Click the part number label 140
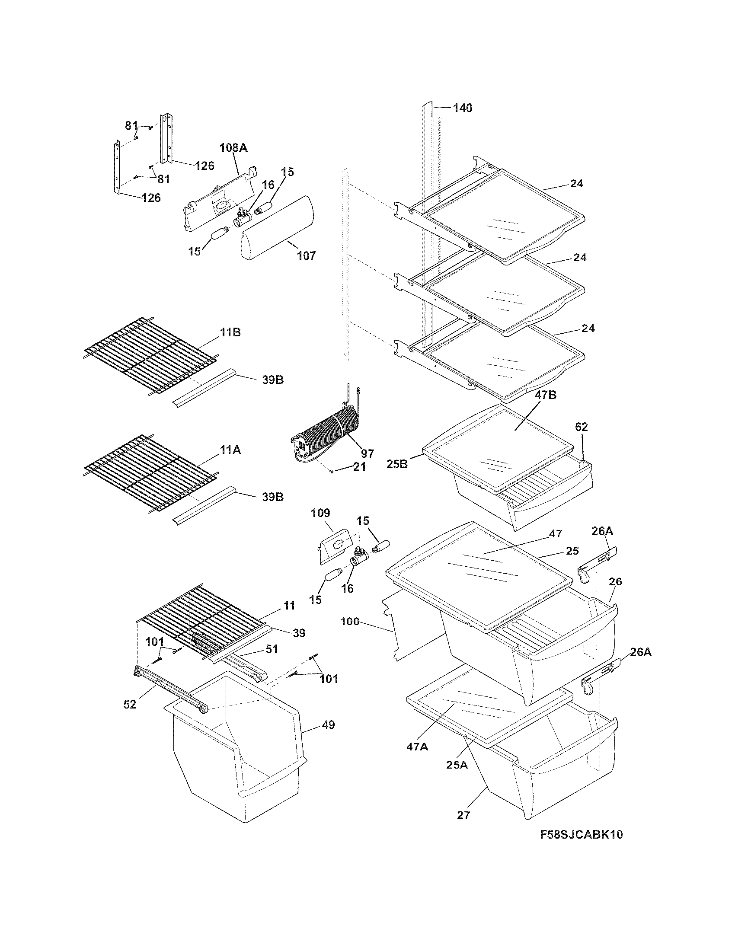(x=463, y=108)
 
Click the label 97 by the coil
(x=367, y=453)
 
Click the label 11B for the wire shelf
(x=230, y=332)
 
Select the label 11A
(x=230, y=450)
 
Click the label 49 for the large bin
(x=329, y=724)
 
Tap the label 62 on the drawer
(x=581, y=427)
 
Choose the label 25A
(x=457, y=764)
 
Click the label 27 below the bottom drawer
(x=464, y=814)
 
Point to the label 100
(x=350, y=621)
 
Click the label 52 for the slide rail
(x=130, y=704)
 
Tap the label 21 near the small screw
(x=360, y=467)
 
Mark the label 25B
(x=397, y=464)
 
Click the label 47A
(x=417, y=747)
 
